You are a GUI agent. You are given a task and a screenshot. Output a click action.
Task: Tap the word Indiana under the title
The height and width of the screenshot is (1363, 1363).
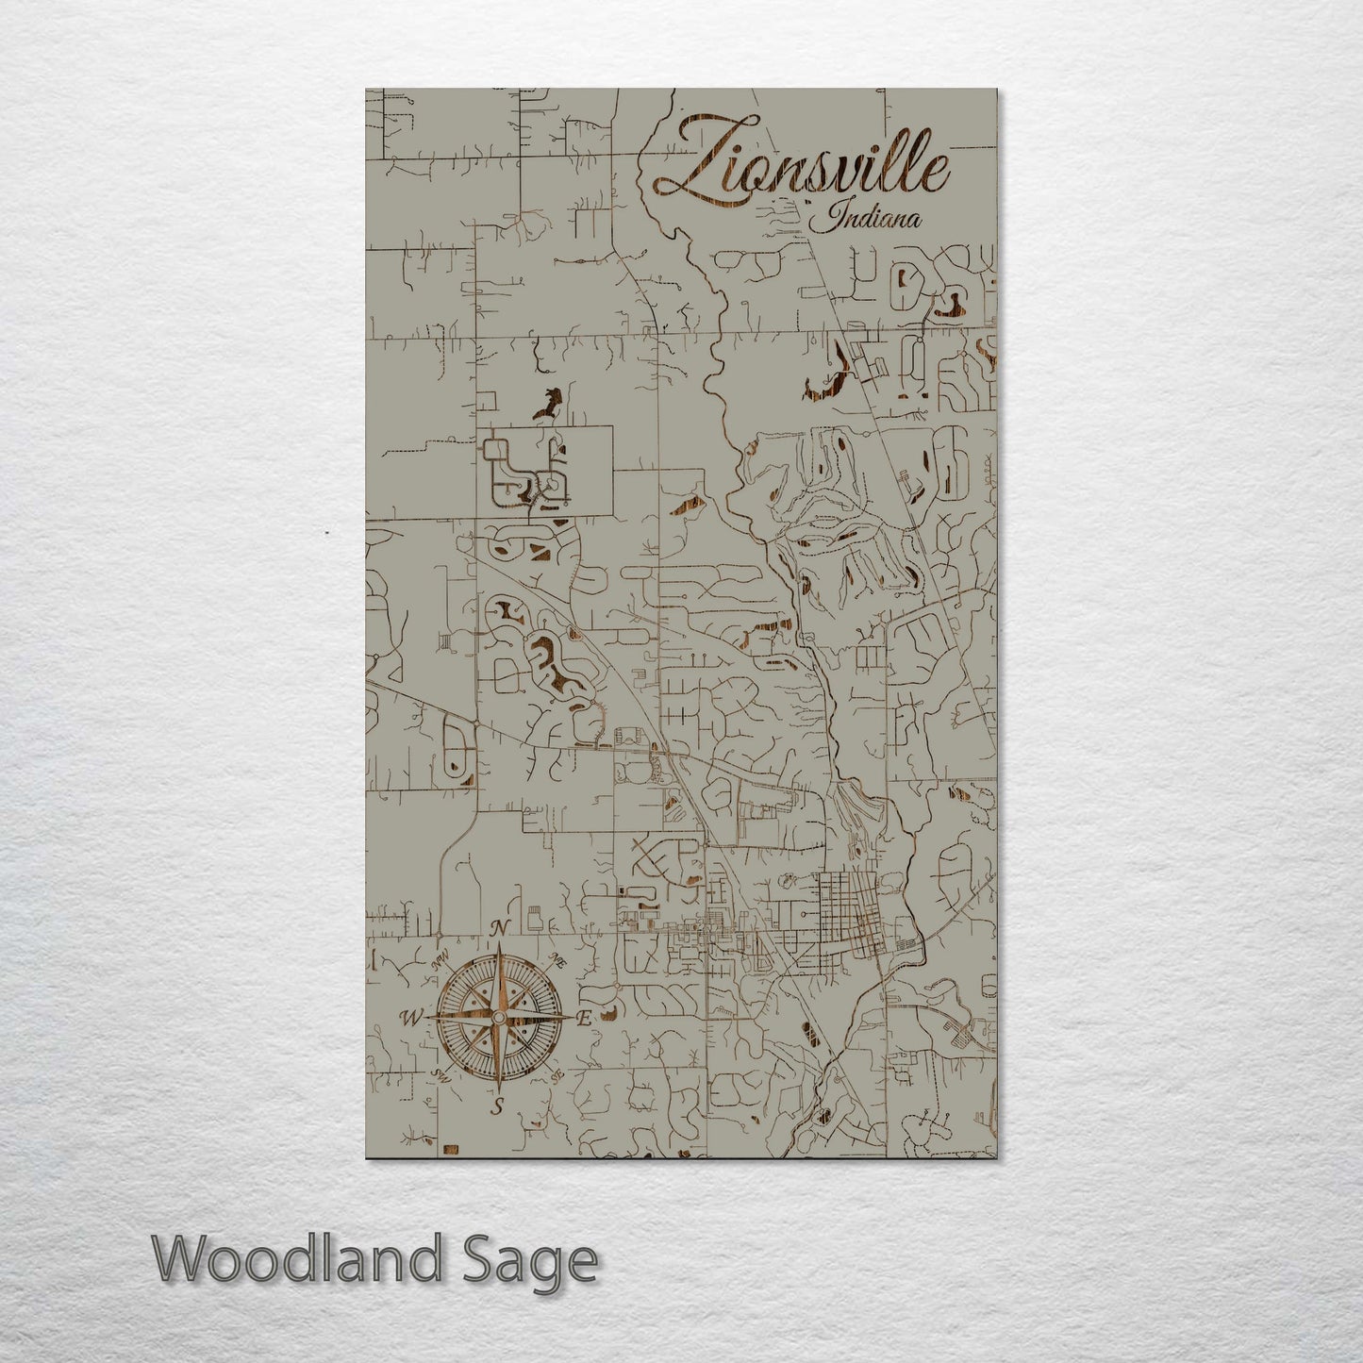point(866,221)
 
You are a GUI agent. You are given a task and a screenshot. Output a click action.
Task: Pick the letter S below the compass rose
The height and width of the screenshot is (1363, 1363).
point(498,1105)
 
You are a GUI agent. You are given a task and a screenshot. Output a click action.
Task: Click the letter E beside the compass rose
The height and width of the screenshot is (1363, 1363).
point(585,1019)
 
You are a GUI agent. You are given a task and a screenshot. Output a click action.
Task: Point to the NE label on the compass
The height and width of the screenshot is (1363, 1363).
point(557,961)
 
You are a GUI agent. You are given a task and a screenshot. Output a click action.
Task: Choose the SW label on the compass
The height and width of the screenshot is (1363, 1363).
point(440,1072)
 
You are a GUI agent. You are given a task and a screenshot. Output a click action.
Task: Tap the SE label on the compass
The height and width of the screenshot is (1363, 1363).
point(557,1074)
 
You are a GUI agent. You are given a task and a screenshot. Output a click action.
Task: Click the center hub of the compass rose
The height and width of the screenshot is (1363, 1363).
point(499,1017)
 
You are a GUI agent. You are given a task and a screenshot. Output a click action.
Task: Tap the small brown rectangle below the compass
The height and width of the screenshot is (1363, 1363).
point(450,1148)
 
